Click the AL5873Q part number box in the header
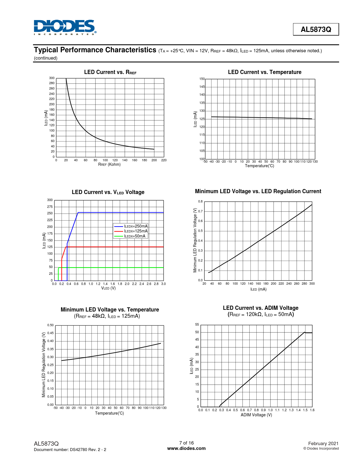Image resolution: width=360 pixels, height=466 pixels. pyautogui.click(x=316, y=29)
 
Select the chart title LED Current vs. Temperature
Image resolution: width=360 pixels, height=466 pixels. pyautogui.click(x=265, y=72)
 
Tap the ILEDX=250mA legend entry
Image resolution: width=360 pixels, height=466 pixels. pyautogui.click(x=136, y=226)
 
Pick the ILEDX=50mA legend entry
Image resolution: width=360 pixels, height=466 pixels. pyautogui.click(x=135, y=236)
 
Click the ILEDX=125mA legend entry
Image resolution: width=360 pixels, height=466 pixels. pyautogui.click(x=136, y=231)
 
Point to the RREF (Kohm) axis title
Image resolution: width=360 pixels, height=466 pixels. pyautogui.click(x=109, y=164)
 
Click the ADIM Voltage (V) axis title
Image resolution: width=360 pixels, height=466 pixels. pyautogui.click(x=256, y=415)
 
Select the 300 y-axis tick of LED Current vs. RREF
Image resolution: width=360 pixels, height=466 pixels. pyautogui.click(x=52, y=78)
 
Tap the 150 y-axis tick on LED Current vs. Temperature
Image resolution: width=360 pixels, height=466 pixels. pyautogui.click(x=202, y=79)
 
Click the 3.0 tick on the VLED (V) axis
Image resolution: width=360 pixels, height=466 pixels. pyautogui.click(x=163, y=284)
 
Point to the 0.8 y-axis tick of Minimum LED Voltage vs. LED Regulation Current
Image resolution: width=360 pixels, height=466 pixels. pyautogui.click(x=200, y=201)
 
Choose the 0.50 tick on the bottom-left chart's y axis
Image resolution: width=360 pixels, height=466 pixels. pyautogui.click(x=50, y=325)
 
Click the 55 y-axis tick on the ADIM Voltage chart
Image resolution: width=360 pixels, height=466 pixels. pyautogui.click(x=197, y=325)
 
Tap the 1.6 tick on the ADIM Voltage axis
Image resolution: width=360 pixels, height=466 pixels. pyautogui.click(x=312, y=410)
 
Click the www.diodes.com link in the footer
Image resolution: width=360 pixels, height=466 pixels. pyautogui.click(x=186, y=448)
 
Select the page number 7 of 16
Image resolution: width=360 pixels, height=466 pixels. pyautogui.click(x=186, y=443)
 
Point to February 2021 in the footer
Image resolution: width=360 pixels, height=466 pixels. pyautogui.click(x=323, y=443)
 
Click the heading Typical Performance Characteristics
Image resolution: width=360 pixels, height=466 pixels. pyautogui.click(x=95, y=50)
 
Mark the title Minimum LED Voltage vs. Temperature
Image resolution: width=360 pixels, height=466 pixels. pyautogui.click(x=110, y=310)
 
